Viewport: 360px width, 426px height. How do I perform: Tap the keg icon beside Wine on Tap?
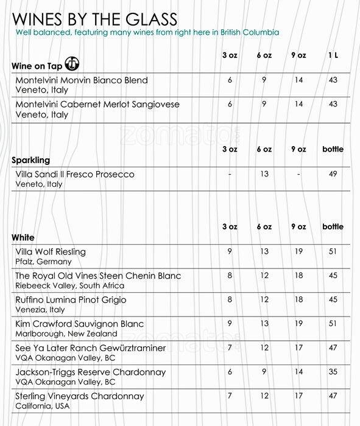click(72, 65)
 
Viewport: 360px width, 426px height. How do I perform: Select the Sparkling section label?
click(31, 161)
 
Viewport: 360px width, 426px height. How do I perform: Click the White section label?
click(23, 237)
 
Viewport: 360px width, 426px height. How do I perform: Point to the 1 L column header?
click(333, 55)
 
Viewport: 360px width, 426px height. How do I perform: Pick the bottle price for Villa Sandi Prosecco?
click(333, 174)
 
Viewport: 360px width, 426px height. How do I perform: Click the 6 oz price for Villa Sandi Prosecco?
click(264, 174)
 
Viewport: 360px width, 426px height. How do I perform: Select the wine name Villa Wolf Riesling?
click(51, 251)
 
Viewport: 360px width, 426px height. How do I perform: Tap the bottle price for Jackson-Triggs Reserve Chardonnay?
click(333, 372)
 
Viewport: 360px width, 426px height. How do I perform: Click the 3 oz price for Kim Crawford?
click(230, 324)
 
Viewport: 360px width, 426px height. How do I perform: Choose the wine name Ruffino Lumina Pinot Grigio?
click(71, 300)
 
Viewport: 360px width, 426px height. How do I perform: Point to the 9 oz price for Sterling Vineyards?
click(298, 396)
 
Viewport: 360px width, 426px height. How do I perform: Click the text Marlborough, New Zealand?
click(66, 333)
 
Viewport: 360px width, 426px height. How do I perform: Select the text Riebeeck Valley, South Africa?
click(69, 285)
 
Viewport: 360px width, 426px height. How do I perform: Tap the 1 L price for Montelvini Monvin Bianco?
click(333, 80)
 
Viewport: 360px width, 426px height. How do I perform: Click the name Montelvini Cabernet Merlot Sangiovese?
click(97, 104)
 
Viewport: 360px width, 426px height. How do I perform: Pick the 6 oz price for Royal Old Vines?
click(264, 276)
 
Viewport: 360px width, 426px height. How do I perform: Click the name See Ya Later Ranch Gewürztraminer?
click(91, 348)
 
